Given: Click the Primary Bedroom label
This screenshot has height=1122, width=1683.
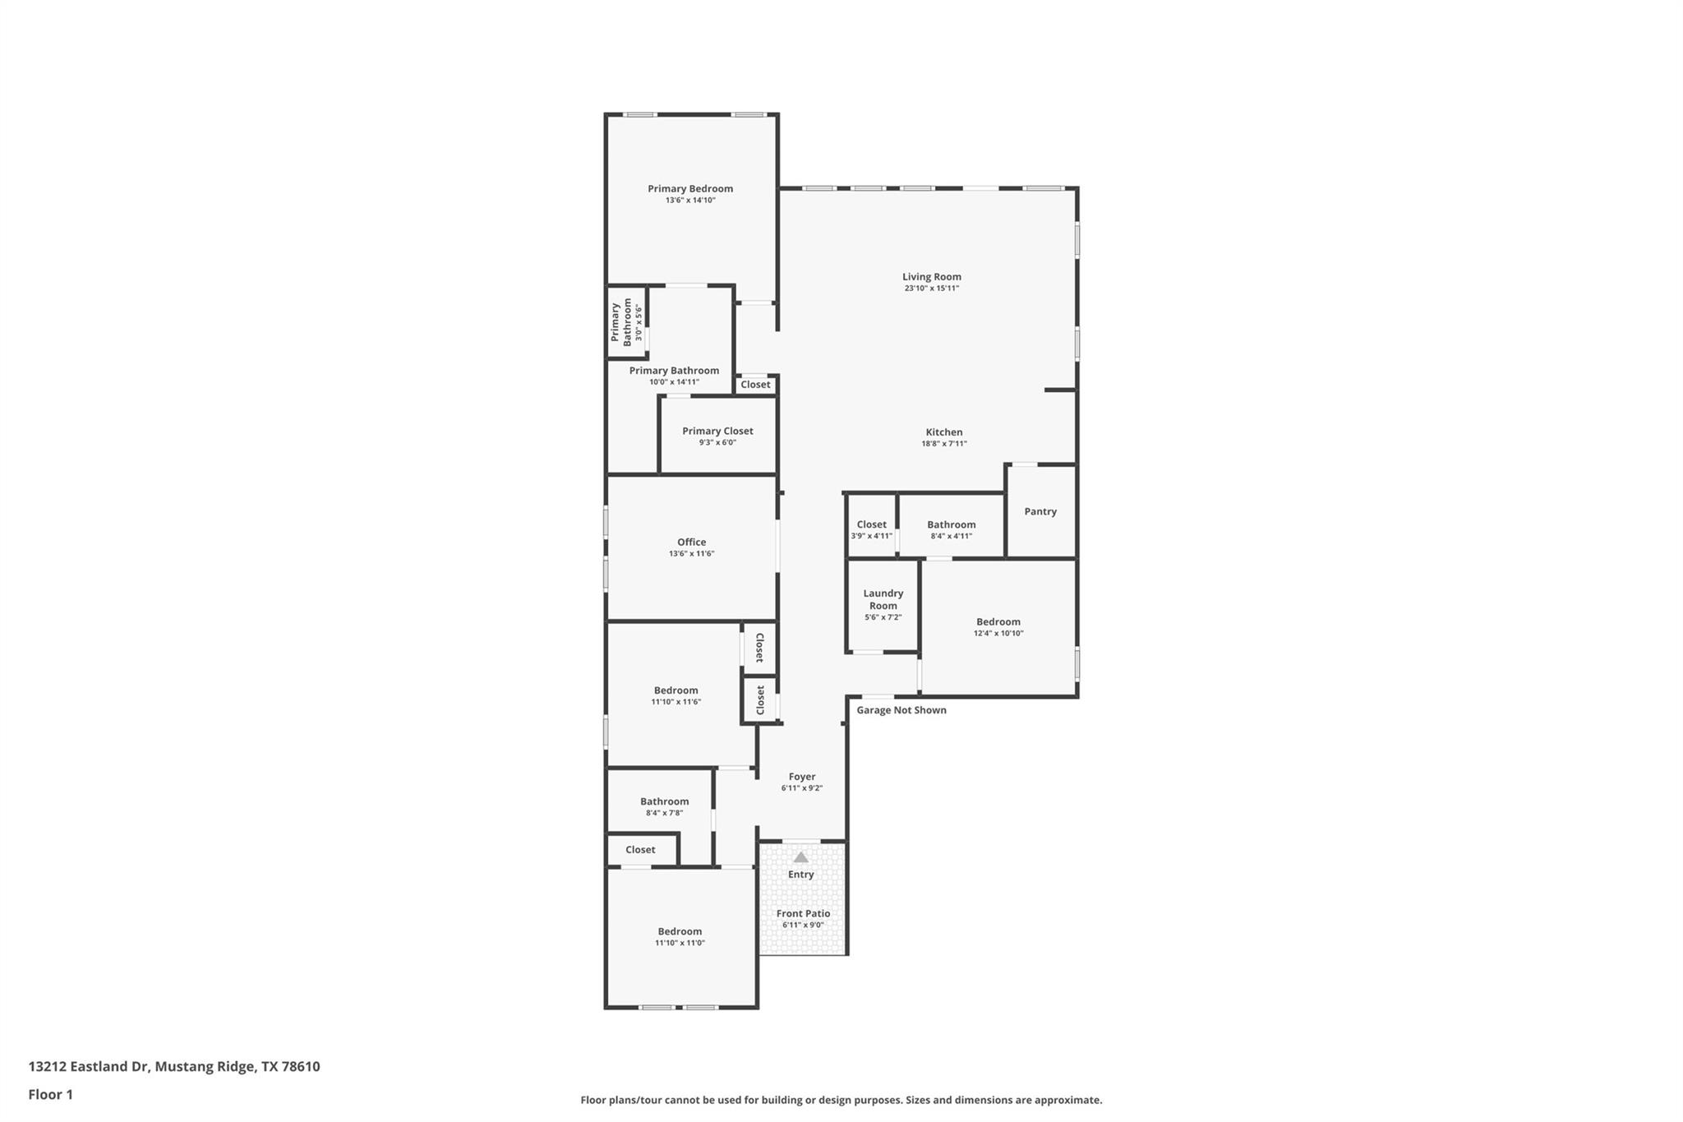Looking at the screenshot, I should pos(690,188).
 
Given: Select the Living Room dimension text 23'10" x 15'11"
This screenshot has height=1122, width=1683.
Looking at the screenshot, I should pos(931,289).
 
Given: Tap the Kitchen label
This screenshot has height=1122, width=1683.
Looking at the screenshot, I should pos(943,432).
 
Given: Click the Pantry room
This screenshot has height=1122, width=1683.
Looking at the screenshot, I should pos(1040,511).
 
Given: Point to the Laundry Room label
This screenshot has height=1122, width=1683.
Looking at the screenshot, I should pos(883,599).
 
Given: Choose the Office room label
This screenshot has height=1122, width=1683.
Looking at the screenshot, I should pos(691,542).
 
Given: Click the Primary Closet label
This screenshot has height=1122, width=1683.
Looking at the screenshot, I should pos(717,431).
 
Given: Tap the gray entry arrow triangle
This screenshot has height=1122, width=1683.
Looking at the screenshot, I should pos(801,857).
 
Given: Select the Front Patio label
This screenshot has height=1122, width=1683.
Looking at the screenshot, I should pos(803,913).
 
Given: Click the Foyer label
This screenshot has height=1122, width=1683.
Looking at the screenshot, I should pos(802,776).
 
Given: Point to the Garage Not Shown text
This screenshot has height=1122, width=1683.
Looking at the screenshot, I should pos(901,710).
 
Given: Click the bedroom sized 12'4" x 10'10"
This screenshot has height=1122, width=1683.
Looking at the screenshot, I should pos(998,626).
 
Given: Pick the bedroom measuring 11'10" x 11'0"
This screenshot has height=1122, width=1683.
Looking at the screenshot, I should pos(680,936).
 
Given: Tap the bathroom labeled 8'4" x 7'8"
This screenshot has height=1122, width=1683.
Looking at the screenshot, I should pos(664,806).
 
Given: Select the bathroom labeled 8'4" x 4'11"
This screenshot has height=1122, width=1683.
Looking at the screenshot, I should pos(951,529).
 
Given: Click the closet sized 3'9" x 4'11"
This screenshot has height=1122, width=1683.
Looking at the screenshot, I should pos(871,529).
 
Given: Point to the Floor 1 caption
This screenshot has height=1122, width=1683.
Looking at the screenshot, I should pos(51,1094).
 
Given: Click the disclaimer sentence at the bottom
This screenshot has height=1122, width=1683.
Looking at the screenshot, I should pos(841,1100).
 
